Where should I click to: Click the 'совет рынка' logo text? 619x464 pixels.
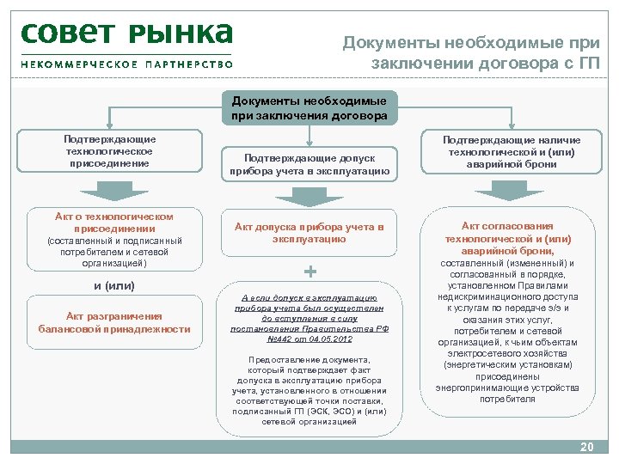click(x=126, y=34)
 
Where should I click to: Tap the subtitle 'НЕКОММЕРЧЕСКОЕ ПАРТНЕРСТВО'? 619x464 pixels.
click(x=126, y=64)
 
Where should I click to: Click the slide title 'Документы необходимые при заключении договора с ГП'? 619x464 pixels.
click(x=472, y=53)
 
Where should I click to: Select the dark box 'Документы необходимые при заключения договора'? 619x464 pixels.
click(x=309, y=108)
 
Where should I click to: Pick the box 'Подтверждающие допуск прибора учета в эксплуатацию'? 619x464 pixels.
click(x=309, y=164)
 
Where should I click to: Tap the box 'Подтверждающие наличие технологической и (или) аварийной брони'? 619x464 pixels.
click(x=512, y=151)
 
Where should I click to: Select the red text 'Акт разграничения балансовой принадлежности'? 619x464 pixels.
click(x=114, y=322)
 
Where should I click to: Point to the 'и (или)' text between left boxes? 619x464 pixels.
click(x=114, y=285)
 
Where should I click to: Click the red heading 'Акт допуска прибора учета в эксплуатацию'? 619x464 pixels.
click(x=309, y=233)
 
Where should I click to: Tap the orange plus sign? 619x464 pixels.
click(x=310, y=272)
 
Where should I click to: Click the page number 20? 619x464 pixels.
click(x=587, y=448)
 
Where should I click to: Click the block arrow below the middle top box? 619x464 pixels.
click(x=309, y=198)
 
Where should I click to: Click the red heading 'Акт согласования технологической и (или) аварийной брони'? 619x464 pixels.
click(x=512, y=238)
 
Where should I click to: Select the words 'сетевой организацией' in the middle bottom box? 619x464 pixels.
click(x=309, y=422)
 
